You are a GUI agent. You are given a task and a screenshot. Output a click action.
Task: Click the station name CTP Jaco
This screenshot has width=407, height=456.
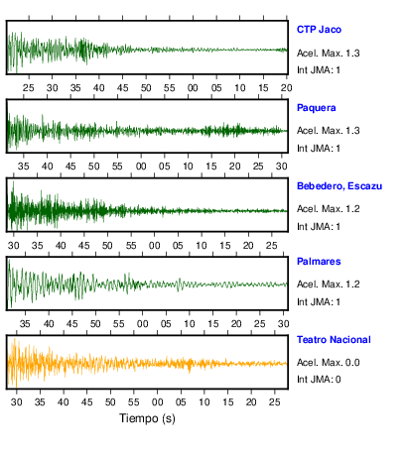coord(319,30)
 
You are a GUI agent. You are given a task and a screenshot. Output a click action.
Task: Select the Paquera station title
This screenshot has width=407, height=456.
coord(317,108)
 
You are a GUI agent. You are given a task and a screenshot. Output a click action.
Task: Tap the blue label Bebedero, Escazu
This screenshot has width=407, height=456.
coord(339,186)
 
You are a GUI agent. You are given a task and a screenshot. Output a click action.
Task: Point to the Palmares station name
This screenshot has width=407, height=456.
coord(319,262)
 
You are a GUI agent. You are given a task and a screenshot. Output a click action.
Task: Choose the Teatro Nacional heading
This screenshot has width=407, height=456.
coord(334,340)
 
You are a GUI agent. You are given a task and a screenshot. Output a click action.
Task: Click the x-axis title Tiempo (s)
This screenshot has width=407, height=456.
coord(147,418)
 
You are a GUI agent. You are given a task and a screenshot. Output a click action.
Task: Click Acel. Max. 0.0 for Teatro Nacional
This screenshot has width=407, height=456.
coord(329,363)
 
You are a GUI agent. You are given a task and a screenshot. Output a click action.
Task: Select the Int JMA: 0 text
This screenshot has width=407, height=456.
coord(319,379)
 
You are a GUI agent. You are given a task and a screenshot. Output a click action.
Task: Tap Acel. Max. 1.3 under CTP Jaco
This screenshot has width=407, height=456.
coord(329,54)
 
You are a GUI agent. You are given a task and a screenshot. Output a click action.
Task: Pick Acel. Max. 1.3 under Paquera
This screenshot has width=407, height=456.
coord(329,131)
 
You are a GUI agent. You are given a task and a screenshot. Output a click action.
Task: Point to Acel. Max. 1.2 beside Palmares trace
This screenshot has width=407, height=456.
coord(329,285)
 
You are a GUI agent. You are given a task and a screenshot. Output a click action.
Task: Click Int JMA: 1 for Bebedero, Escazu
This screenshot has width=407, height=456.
coord(319,227)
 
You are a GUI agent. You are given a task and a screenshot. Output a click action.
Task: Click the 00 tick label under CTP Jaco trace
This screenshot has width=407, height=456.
coord(193,88)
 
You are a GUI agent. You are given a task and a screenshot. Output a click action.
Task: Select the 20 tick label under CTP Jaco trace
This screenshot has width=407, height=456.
coord(287,88)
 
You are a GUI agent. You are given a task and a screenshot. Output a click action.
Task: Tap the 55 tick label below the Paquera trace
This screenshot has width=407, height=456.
coord(117,167)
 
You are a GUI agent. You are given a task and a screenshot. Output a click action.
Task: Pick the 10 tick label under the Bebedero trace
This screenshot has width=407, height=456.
coord(202,246)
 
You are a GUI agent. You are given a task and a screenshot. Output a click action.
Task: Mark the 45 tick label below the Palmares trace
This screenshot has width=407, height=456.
coord(72,324)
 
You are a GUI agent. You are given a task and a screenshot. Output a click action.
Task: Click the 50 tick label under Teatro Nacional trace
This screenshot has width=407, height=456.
coord(110,402)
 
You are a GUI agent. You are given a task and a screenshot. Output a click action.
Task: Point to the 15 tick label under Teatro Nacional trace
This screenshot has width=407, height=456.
coord(227,402)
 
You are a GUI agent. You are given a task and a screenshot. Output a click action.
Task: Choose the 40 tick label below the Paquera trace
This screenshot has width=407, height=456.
coord(47,167)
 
